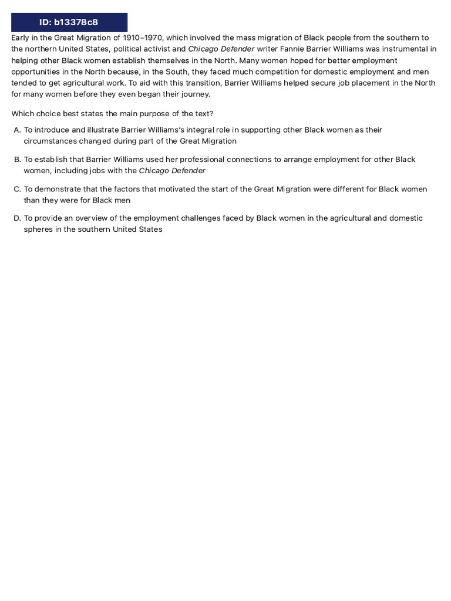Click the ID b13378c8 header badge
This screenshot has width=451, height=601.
click(69, 22)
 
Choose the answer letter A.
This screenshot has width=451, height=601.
click(17, 130)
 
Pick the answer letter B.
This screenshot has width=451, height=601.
click(17, 160)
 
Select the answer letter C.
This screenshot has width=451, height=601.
click(17, 189)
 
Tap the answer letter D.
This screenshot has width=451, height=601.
click(17, 218)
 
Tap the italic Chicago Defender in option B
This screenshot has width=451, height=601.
click(172, 171)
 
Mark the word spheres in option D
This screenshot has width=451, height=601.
click(37, 229)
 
